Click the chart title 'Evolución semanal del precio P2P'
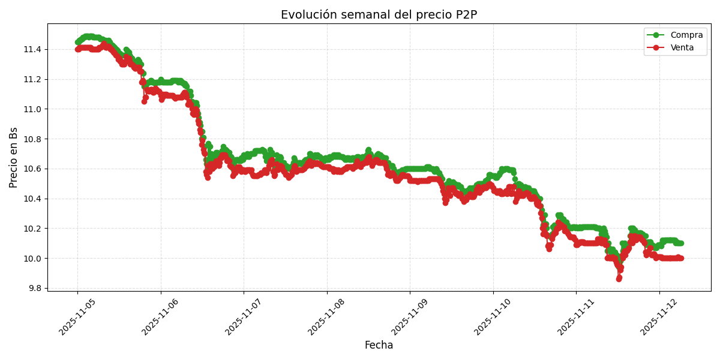point(379,15)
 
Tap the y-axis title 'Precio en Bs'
point(14,157)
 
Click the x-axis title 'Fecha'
point(379,345)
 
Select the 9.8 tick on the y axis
point(34,288)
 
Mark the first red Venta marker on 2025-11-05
point(77,49)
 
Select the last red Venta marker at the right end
point(680,258)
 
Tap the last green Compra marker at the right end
point(680,243)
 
